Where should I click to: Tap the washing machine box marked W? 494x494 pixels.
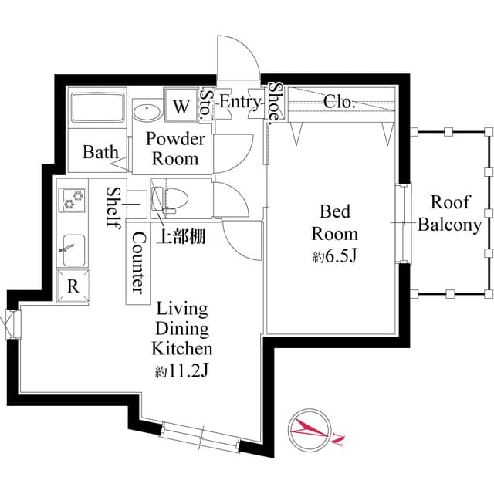(181, 106)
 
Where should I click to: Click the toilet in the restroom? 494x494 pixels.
(164, 199)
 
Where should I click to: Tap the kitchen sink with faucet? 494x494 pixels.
(73, 246)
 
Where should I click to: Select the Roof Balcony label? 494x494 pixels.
(449, 214)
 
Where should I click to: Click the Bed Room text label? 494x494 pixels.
(335, 222)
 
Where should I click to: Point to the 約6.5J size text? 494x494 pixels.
(335, 257)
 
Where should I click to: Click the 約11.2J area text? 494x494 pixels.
(183, 371)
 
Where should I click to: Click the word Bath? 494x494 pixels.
(100, 151)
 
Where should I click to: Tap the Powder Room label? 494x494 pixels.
(175, 149)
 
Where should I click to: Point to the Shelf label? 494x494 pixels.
(113, 207)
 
